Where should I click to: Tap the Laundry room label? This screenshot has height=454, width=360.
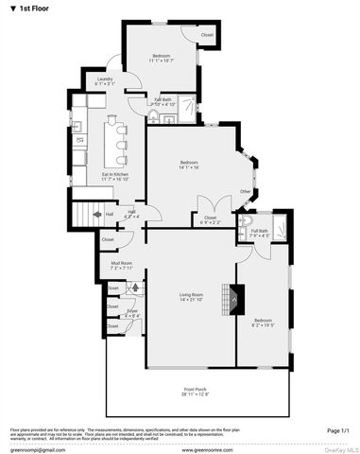coord(104,81)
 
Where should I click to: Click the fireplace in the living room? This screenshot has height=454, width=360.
coord(227,300)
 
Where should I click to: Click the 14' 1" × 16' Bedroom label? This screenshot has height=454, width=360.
coord(189,165)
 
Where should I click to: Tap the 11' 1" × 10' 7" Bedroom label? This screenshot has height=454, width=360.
coord(160,60)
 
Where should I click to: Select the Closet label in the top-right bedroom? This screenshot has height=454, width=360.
coord(208,35)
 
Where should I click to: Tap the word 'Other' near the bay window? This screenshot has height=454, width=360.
coord(245,192)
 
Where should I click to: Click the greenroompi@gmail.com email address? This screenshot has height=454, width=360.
coord(32,450)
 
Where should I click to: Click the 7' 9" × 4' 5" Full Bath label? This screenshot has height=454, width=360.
coord(259,234)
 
